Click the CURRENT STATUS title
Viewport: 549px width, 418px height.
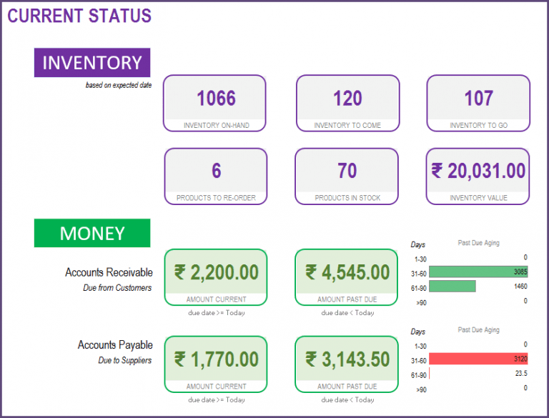point(79,16)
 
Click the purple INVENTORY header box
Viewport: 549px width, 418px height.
point(92,63)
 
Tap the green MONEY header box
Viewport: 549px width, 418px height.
point(92,234)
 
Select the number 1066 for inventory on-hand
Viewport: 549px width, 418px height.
point(216,98)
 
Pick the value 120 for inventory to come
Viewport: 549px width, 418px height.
point(347,98)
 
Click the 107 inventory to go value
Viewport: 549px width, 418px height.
point(478,98)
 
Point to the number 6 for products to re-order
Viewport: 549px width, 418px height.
point(216,171)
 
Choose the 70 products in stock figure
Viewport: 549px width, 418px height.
point(347,171)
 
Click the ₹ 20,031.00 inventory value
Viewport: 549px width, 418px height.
point(478,171)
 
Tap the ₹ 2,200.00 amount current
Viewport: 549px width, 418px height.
point(216,272)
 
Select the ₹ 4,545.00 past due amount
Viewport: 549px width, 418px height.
point(347,272)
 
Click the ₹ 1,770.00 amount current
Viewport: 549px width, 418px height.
point(216,359)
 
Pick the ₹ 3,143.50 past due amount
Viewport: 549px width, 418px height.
point(347,359)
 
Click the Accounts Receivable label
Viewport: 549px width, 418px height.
point(109,272)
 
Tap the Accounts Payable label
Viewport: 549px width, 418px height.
point(115,345)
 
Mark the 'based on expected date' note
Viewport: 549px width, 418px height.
point(119,85)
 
